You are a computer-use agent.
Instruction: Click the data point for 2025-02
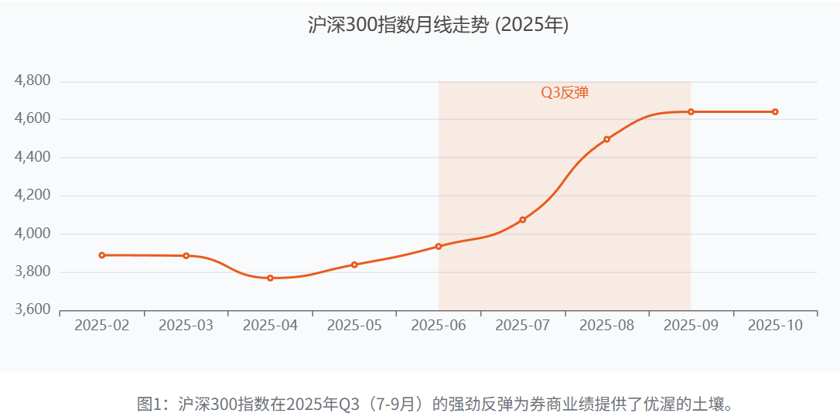click(x=102, y=255)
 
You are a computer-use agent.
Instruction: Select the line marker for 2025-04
click(x=270, y=278)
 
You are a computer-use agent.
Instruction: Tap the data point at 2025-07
click(x=523, y=220)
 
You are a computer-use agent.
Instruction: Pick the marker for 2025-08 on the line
click(x=606, y=139)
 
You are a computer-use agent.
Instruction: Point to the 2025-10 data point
click(x=775, y=111)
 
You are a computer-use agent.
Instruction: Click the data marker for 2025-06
click(x=439, y=246)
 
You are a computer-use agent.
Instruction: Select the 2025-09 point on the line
click(x=691, y=111)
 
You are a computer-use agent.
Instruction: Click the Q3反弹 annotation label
click(x=565, y=93)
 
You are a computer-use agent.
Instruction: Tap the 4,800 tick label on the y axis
click(x=33, y=80)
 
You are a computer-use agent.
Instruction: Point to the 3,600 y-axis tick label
click(x=33, y=309)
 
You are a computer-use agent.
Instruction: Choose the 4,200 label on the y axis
click(x=33, y=195)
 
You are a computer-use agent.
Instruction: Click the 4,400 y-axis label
click(x=33, y=157)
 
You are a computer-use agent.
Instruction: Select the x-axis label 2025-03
click(x=186, y=326)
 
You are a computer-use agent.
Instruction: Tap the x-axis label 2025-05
click(x=354, y=326)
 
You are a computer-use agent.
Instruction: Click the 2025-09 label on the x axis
click(x=691, y=326)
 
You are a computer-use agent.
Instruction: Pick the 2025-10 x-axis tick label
click(x=775, y=326)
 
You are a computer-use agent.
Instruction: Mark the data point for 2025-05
click(x=354, y=265)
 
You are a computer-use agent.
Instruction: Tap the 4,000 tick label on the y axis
click(x=33, y=234)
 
